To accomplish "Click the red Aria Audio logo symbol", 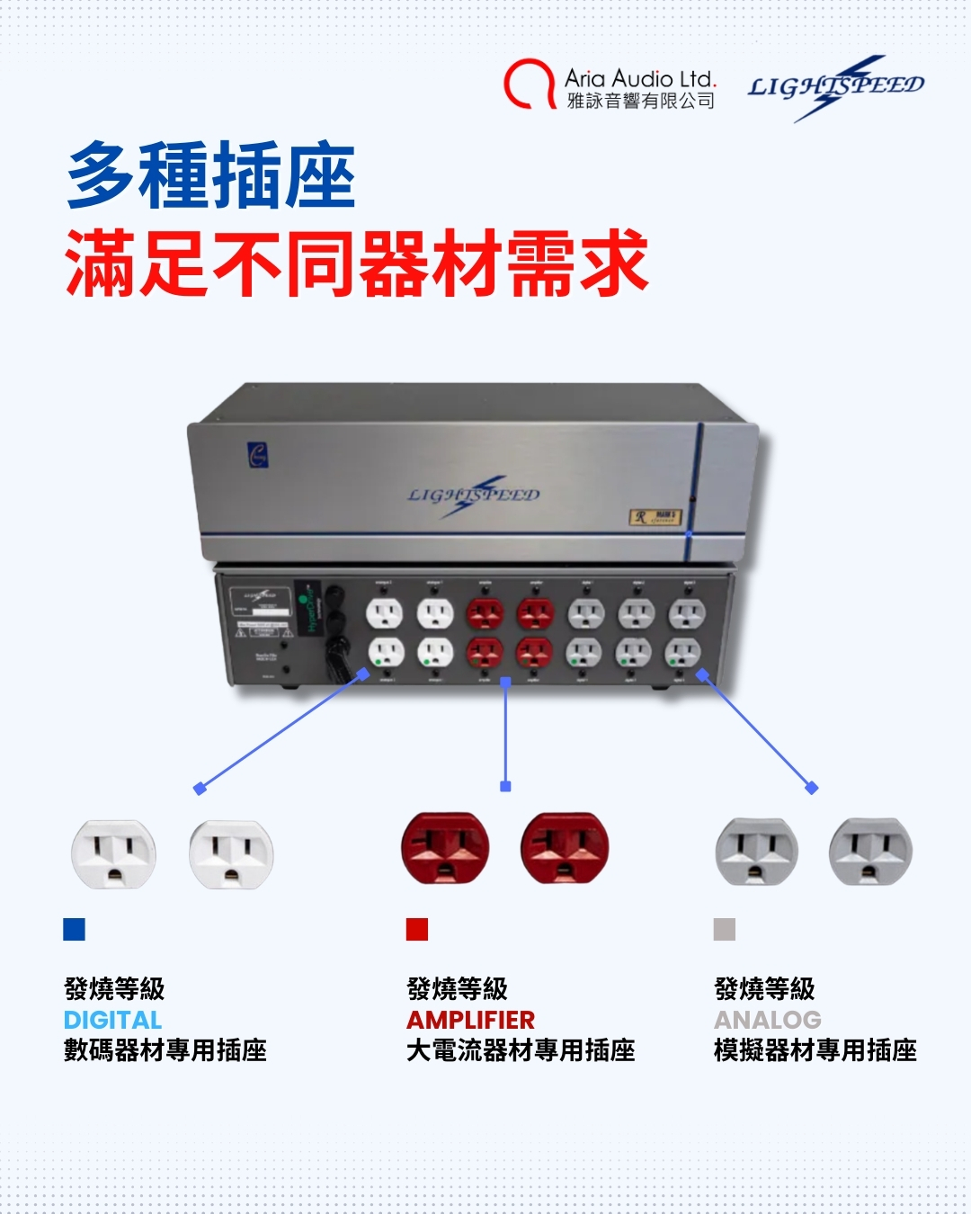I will pos(529,85).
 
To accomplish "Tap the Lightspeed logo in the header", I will pos(835,87).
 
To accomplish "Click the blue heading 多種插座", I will pos(212,176).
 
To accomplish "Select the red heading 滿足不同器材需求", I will pos(357,263).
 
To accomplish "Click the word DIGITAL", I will pos(112,1020).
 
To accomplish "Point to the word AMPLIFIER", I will pos(470,1020).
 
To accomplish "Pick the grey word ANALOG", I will pos(767,1020).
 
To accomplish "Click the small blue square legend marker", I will pos(74,929).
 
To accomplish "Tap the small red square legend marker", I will pos(417,929).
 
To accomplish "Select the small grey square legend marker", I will pos(724,929).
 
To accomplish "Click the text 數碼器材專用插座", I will pos(165,1050).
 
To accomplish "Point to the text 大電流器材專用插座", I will pos(521,1050).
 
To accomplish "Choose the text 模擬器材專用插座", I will pos(815,1050).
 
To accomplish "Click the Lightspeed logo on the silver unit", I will pos(474,495).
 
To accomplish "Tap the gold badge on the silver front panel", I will pos(655,517).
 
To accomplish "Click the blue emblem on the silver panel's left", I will pos(258,456).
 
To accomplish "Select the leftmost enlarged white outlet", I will pos(113,854).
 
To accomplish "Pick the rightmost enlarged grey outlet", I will pos(870,852).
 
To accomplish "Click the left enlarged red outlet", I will pos(445,848).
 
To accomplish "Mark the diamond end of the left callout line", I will pos(200,789).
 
